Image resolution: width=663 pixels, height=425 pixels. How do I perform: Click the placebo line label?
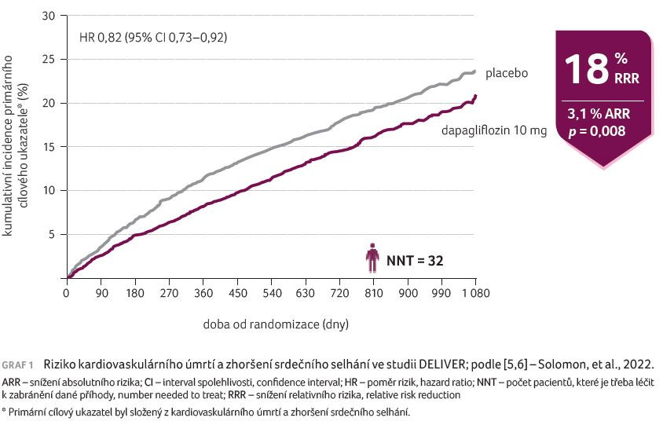click(506, 73)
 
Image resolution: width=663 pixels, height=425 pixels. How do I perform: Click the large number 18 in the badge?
click(585, 69)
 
